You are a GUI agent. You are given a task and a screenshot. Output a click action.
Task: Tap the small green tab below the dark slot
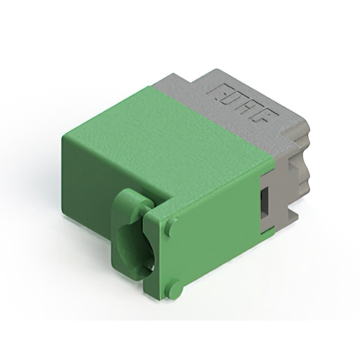tap(268, 231)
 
